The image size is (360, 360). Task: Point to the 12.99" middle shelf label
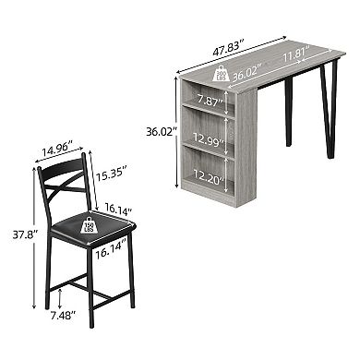210,139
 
